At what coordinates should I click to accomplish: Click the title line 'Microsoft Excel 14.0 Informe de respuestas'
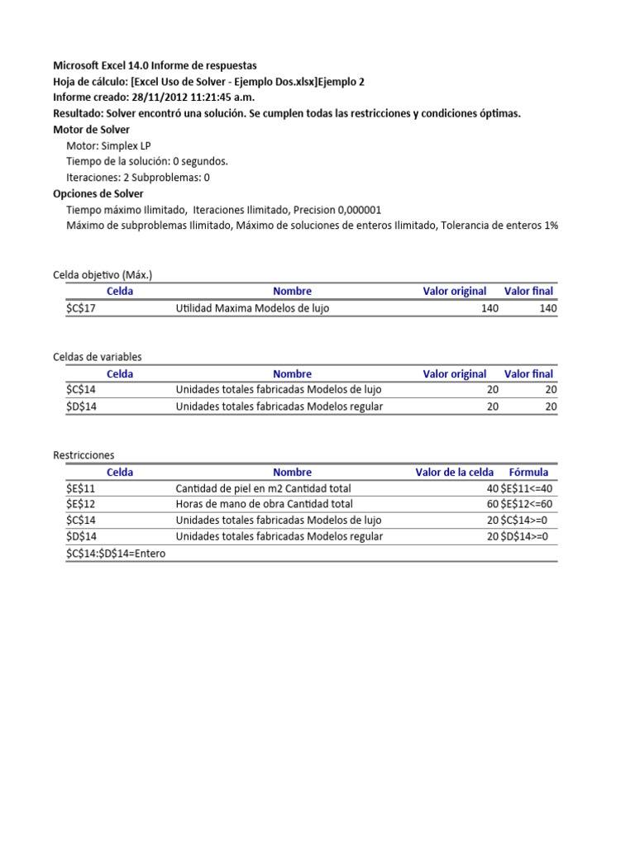point(155,65)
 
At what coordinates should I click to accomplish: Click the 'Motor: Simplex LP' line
point(108,145)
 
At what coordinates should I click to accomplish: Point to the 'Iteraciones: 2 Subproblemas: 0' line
point(138,178)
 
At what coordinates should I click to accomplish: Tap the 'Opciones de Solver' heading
point(98,193)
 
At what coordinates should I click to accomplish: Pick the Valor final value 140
point(547,308)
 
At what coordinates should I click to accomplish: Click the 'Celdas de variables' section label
point(98,357)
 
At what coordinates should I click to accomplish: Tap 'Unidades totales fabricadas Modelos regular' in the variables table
point(279,406)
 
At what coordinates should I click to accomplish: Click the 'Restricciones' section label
point(84,455)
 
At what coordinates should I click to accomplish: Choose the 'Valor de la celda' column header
point(454,473)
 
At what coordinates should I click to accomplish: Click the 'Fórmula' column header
point(528,473)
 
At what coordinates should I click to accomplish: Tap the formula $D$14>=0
point(525,536)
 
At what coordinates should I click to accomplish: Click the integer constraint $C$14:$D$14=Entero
point(116,554)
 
